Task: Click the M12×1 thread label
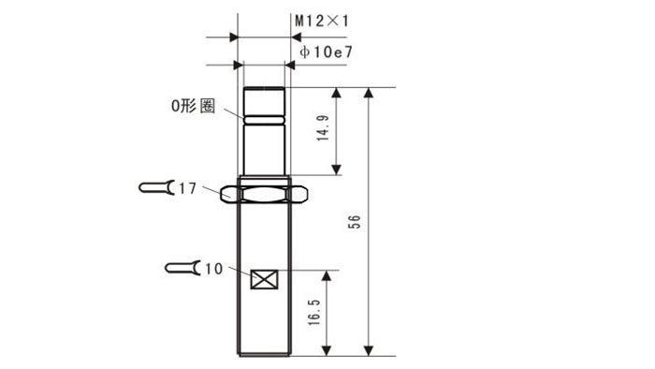pyautogui.click(x=322, y=21)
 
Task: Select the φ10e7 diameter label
pyautogui.click(x=327, y=52)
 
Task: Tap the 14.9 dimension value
pyautogui.click(x=323, y=128)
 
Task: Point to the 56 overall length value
pyautogui.click(x=354, y=221)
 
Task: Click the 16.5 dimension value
pyautogui.click(x=313, y=313)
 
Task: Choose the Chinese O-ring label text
pyautogui.click(x=194, y=106)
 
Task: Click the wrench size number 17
pyautogui.click(x=187, y=188)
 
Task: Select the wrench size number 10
pyautogui.click(x=213, y=269)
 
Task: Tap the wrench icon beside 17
pyautogui.click(x=157, y=187)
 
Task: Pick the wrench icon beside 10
pyautogui.click(x=183, y=268)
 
